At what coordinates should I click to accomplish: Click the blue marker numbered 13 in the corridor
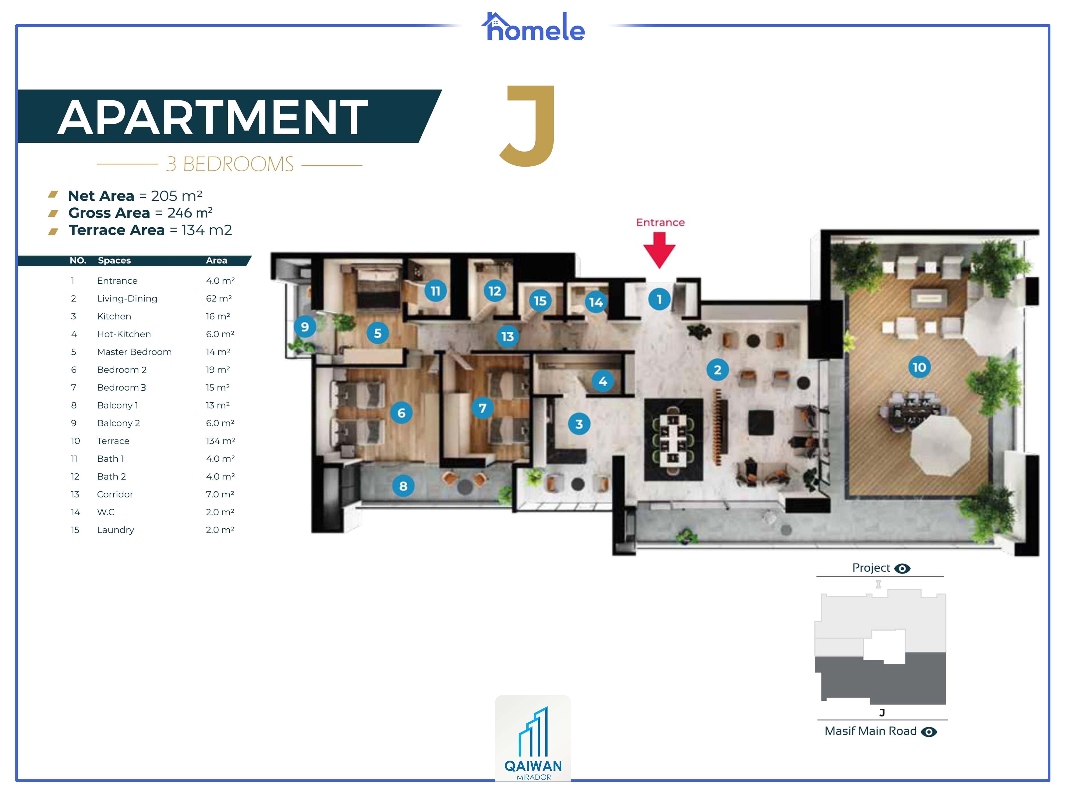click(x=507, y=336)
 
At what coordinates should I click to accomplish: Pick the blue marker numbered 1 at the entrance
click(x=659, y=300)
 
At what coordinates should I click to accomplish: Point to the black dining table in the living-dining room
click(x=673, y=439)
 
